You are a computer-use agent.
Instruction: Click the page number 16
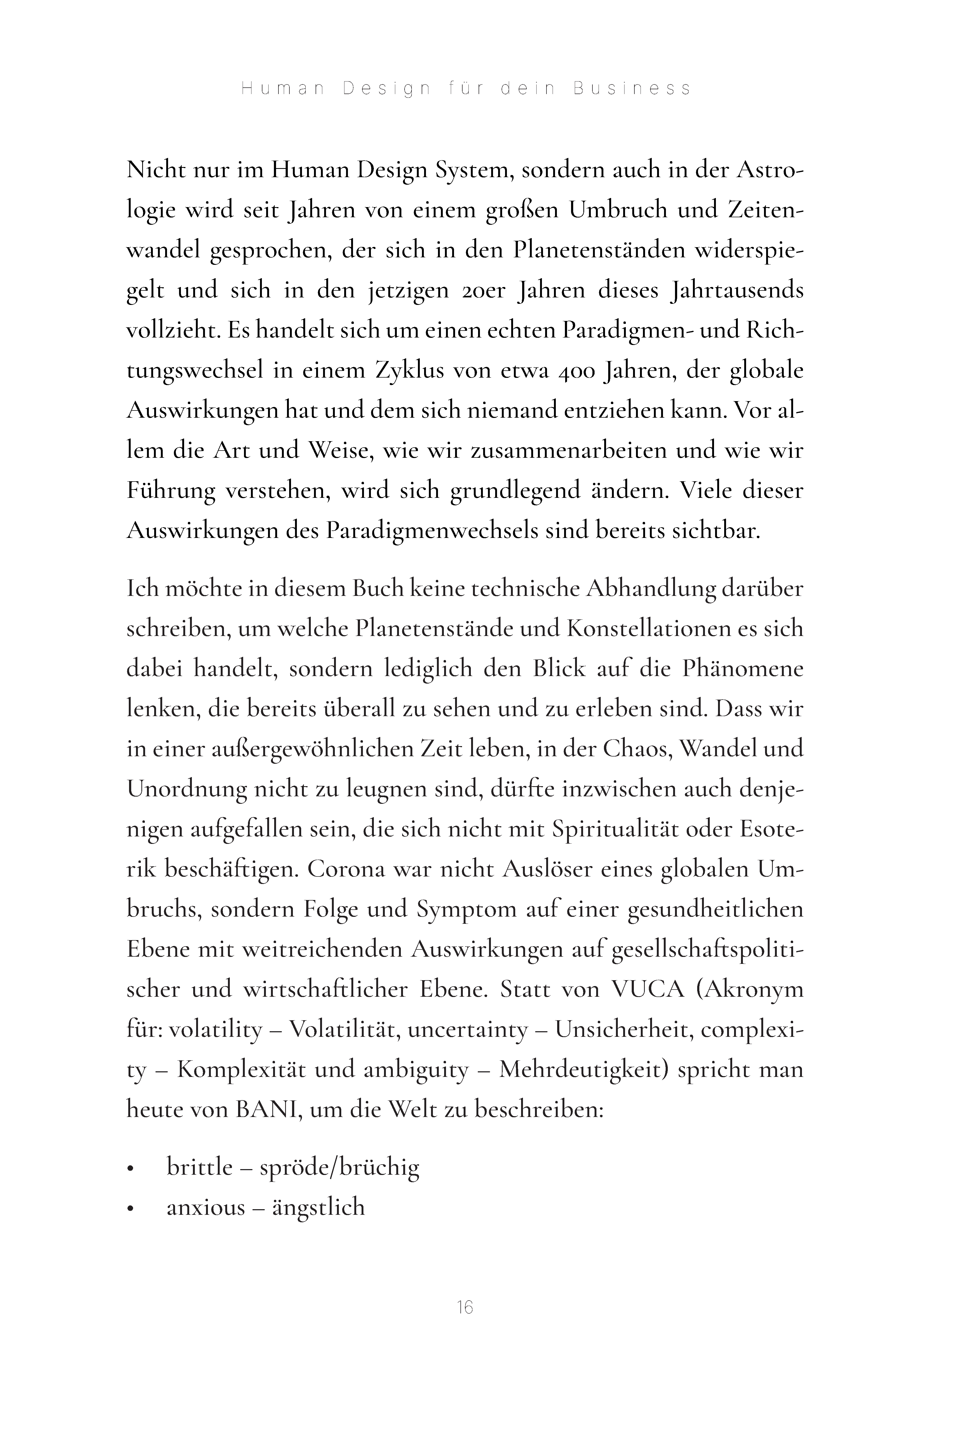coord(465,1308)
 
